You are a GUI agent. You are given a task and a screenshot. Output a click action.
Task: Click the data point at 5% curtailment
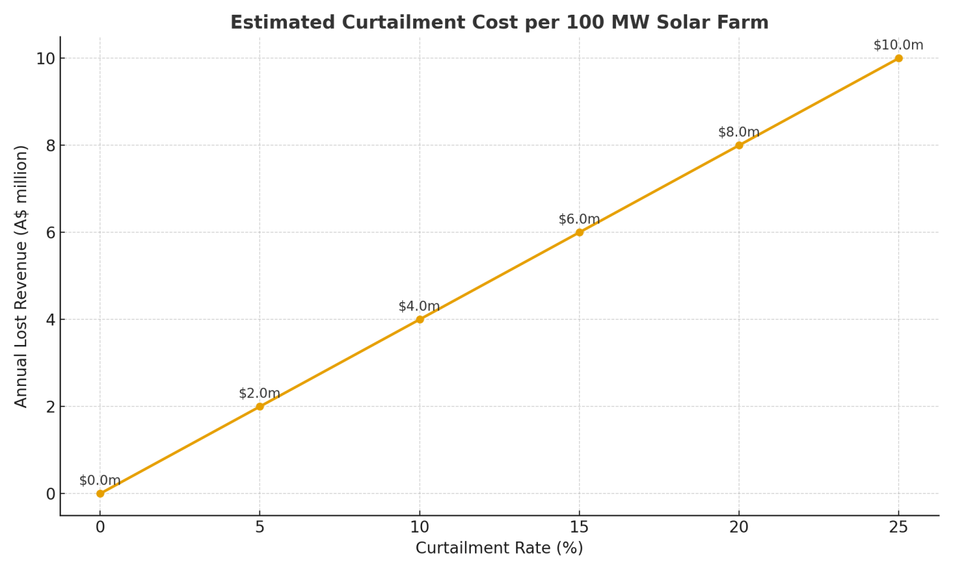[259, 406]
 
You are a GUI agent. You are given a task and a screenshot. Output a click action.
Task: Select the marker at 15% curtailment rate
[579, 232]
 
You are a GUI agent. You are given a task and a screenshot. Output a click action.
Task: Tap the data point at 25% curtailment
[899, 58]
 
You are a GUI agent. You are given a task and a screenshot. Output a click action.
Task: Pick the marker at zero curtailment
[100, 494]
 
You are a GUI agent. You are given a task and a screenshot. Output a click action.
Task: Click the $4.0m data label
[419, 306]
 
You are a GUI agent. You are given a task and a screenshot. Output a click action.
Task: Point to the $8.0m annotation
[738, 133]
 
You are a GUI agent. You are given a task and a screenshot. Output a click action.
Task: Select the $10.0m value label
[899, 45]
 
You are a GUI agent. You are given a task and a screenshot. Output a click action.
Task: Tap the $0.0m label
[100, 481]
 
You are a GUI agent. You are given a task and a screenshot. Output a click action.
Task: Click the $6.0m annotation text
[579, 220]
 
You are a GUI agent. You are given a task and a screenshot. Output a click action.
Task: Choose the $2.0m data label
[259, 393]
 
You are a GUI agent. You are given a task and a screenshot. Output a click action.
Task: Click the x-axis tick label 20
[739, 527]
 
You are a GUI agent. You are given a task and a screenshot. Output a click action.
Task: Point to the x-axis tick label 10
[419, 527]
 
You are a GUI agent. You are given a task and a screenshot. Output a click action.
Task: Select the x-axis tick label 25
[899, 527]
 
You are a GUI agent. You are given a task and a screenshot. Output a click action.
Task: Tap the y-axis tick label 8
[51, 146]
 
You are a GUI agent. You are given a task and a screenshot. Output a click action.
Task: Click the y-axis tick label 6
[51, 232]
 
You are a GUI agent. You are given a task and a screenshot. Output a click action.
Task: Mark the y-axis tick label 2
[51, 407]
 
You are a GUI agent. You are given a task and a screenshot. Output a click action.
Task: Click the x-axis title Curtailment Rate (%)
[499, 548]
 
